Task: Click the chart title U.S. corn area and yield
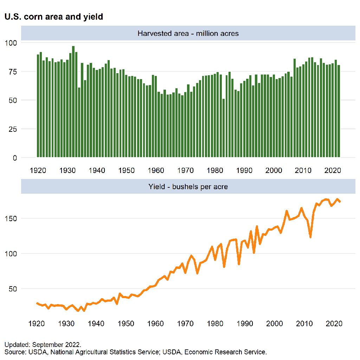(53, 17)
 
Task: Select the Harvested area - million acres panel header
(188, 34)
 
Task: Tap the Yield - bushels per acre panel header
(188, 187)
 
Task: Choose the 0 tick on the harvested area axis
(14, 158)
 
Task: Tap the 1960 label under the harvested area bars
(156, 171)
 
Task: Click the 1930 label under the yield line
(67, 323)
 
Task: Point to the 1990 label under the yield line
(244, 323)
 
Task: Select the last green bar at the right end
(339, 111)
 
